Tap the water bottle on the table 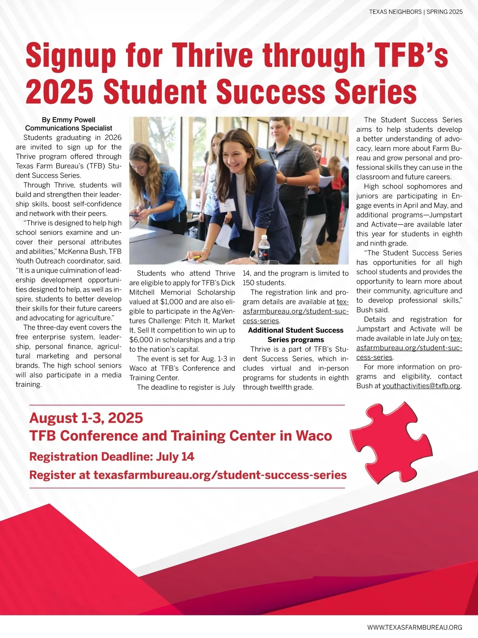[x=263, y=248]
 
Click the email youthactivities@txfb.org [x=421, y=386]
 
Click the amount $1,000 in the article [x=171, y=302]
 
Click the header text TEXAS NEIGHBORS [x=395, y=12]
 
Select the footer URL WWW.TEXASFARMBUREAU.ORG [x=415, y=627]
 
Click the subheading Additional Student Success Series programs [x=296, y=335]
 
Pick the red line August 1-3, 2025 [x=86, y=418]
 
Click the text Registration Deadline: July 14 [x=112, y=457]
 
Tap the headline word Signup [x=71, y=55]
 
